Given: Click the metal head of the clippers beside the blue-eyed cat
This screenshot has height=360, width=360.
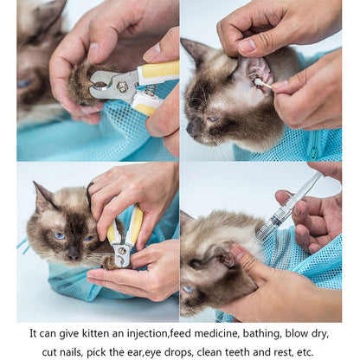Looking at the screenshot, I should pyautogui.click(x=121, y=254).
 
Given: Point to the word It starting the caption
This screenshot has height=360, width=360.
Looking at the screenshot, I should pyautogui.click(x=33, y=332).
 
